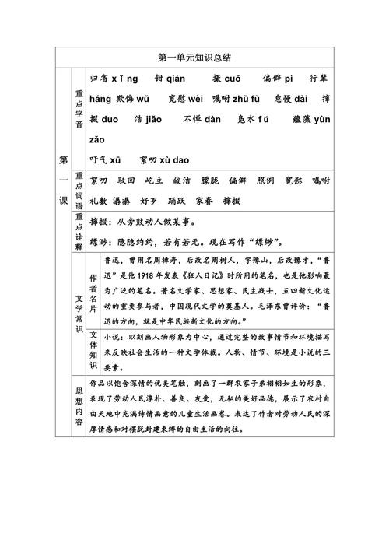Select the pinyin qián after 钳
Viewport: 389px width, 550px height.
tap(180, 79)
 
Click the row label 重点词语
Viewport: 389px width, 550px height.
tap(78, 189)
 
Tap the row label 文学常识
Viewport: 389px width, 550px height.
tap(78, 311)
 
